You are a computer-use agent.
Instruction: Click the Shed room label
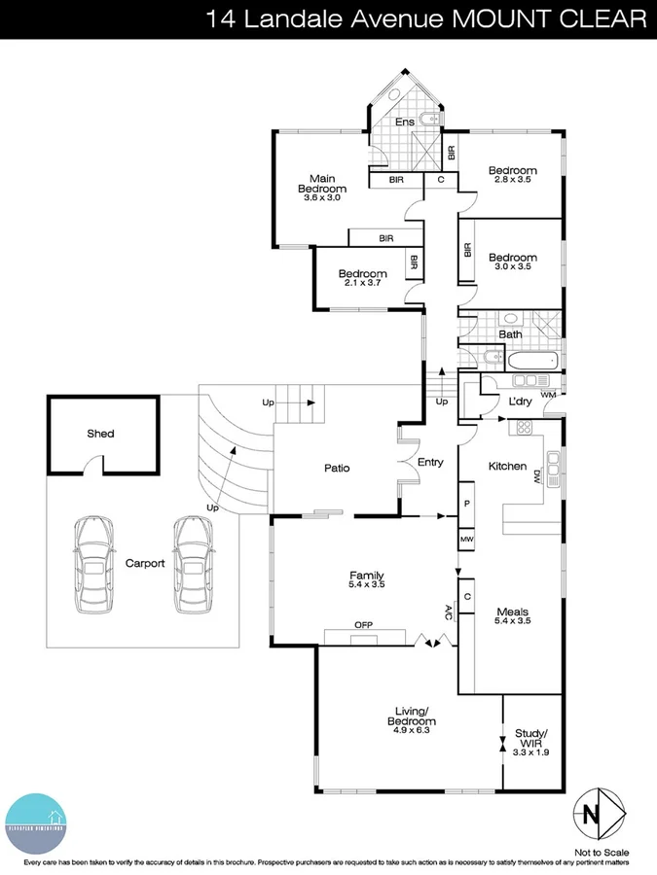(x=100, y=434)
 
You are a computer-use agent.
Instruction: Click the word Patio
(x=337, y=469)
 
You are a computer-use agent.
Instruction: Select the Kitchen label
(x=507, y=467)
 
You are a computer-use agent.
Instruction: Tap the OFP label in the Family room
(x=364, y=624)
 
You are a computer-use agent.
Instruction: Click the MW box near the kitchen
(x=468, y=539)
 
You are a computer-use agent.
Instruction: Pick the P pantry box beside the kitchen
(x=468, y=505)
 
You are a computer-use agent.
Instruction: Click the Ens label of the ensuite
(x=403, y=122)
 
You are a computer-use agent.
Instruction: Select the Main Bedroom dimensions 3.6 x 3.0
(x=322, y=198)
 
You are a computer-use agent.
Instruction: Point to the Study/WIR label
(x=531, y=739)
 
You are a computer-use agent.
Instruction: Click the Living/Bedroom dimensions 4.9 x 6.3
(x=413, y=722)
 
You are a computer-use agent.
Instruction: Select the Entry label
(x=429, y=462)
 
